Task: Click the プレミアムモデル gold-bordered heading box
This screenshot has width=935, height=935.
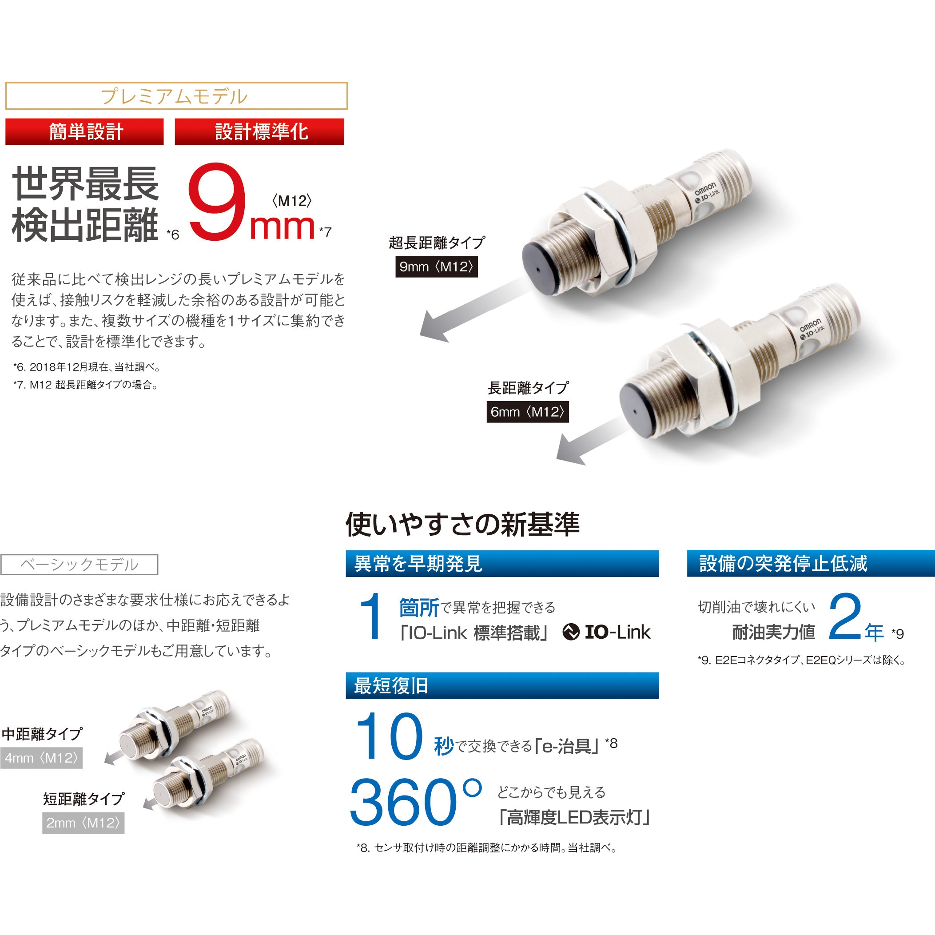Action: (x=176, y=96)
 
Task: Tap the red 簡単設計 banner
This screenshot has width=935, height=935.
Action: (x=85, y=131)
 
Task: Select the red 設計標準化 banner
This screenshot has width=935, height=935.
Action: (x=259, y=131)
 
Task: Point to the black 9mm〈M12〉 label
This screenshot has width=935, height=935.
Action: (x=436, y=267)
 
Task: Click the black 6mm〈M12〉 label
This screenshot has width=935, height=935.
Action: (x=528, y=412)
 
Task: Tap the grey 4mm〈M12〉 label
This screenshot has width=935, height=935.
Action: (x=41, y=758)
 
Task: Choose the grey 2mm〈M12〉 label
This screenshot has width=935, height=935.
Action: (x=83, y=823)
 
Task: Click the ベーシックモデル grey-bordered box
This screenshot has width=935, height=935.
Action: (x=80, y=564)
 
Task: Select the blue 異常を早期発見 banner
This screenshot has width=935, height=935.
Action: (x=502, y=563)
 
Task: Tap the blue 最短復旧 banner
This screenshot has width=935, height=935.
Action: (x=502, y=686)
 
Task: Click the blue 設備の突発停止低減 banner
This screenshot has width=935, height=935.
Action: (x=811, y=563)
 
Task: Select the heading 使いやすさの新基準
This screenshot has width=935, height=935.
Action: (x=462, y=524)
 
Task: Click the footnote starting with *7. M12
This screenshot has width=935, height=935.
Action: (x=86, y=385)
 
